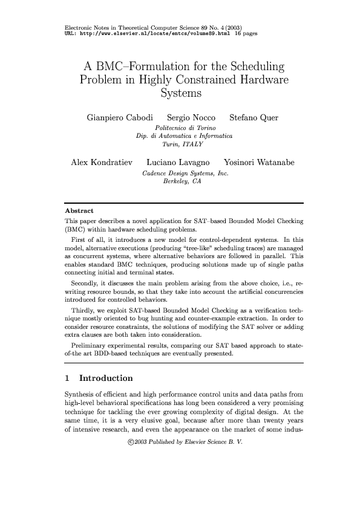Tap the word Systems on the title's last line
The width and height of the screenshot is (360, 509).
tap(180, 94)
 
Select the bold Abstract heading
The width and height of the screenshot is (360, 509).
tap(78, 211)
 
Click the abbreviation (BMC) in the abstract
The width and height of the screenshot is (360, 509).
tap(74, 230)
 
